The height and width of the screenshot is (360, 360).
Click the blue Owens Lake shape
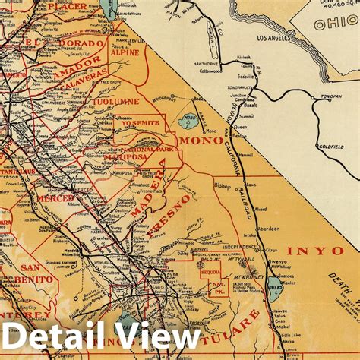tap(275, 288)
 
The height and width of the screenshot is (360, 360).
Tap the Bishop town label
tap(223, 185)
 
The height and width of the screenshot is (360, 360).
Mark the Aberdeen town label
tap(269, 228)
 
